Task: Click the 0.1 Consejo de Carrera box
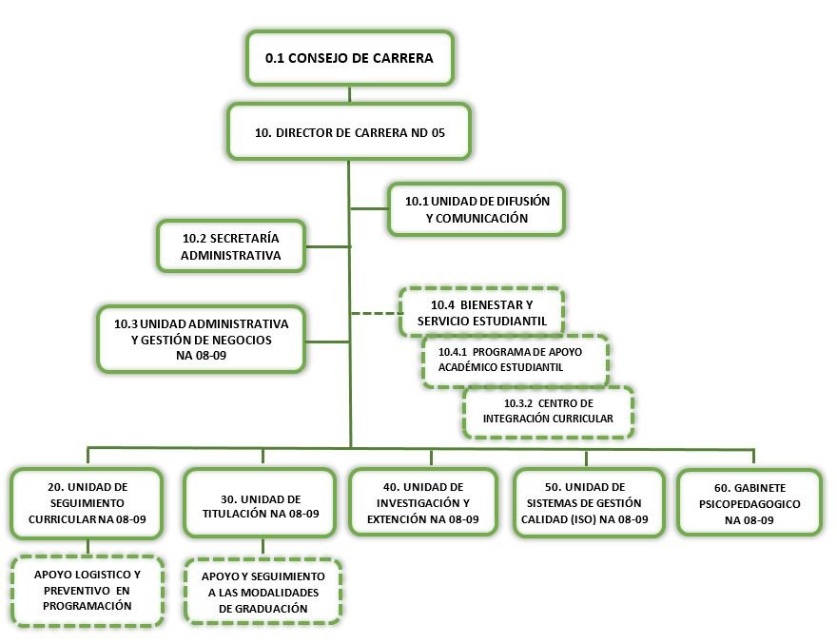click(x=349, y=58)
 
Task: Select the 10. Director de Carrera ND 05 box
click(x=349, y=132)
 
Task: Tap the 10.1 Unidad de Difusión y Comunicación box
click(x=477, y=208)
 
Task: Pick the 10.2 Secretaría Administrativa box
click(x=230, y=245)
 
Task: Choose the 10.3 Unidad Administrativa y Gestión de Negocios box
click(x=201, y=339)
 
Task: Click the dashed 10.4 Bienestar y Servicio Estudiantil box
click(x=481, y=312)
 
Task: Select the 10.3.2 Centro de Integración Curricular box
click(x=549, y=412)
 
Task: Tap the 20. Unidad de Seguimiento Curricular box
click(x=87, y=503)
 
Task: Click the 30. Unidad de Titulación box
click(x=262, y=506)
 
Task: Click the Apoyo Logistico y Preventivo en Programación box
click(x=88, y=591)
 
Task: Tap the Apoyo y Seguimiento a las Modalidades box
click(x=263, y=591)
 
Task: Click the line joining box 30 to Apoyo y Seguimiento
click(x=263, y=547)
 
